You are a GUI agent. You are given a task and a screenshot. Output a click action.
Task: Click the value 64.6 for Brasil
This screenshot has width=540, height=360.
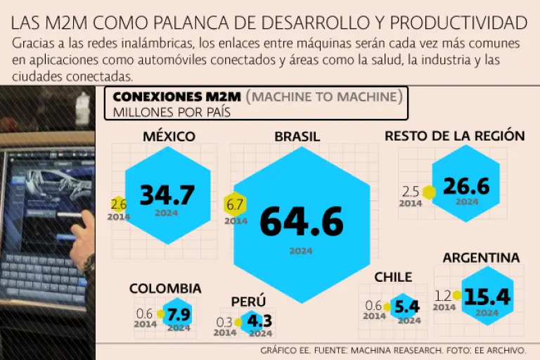click(x=301, y=221)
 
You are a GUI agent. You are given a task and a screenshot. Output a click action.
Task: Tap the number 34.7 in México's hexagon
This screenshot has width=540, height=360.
click(x=166, y=195)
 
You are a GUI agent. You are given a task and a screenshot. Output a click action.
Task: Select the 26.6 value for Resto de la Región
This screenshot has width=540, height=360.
click(x=466, y=186)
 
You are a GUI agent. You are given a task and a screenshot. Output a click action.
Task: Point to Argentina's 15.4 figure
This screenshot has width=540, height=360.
click(x=487, y=297)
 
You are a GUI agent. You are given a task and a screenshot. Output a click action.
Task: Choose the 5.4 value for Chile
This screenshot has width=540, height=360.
click(x=407, y=307)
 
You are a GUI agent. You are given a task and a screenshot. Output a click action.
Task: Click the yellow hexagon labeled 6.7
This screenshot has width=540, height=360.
click(x=235, y=205)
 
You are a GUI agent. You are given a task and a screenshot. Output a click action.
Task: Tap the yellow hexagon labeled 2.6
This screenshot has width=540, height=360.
click(x=118, y=205)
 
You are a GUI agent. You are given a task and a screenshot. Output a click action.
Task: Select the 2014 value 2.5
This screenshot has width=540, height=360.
click(x=411, y=191)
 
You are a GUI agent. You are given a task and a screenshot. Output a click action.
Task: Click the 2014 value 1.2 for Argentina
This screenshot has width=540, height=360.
click(x=443, y=295)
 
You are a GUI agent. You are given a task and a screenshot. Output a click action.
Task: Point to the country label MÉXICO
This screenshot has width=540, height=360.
click(x=169, y=136)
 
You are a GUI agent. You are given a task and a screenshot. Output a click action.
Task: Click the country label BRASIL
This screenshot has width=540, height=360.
click(x=297, y=136)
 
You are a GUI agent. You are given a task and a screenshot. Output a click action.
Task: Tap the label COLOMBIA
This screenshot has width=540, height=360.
click(x=165, y=288)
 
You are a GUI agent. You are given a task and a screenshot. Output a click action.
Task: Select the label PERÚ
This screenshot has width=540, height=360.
click(x=248, y=302)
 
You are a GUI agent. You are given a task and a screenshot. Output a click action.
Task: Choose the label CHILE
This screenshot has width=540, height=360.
click(x=393, y=277)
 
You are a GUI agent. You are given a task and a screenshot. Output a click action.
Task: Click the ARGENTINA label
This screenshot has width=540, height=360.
click(x=481, y=258)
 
